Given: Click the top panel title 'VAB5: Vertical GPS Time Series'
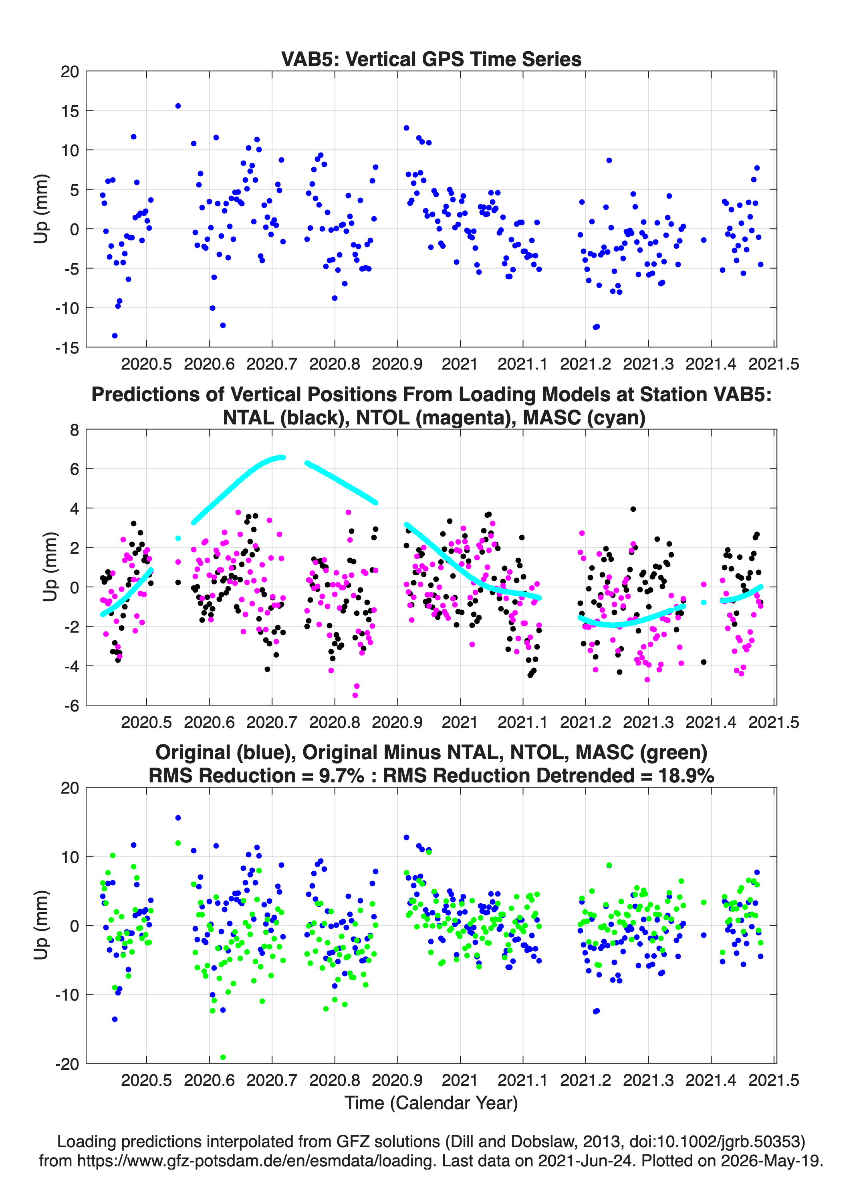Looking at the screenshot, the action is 431,59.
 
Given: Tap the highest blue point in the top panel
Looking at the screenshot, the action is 178,106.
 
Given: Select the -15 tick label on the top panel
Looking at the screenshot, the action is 67,348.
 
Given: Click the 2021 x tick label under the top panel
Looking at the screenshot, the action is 460,364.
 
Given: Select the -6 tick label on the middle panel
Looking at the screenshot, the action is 71,706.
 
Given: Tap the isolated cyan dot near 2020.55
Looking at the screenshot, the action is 178,538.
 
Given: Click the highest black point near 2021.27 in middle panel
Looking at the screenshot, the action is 633,509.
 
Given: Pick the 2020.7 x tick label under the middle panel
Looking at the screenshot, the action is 272,722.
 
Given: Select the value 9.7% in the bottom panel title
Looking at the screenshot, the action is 341,776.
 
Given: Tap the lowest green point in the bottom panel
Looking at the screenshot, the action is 223,1057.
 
